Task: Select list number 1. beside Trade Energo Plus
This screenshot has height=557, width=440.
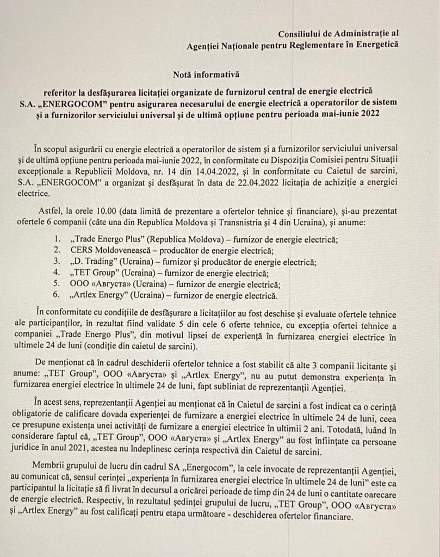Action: (x=58, y=239)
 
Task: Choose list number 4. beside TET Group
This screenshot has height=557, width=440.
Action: (x=58, y=273)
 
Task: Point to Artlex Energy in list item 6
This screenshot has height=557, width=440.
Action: (x=100, y=296)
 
